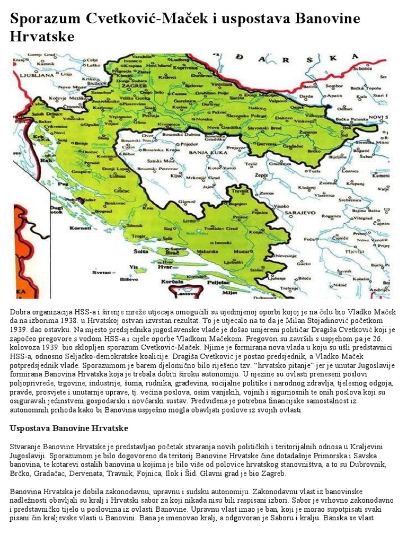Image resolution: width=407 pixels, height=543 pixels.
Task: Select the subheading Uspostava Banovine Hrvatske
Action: click(69, 427)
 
